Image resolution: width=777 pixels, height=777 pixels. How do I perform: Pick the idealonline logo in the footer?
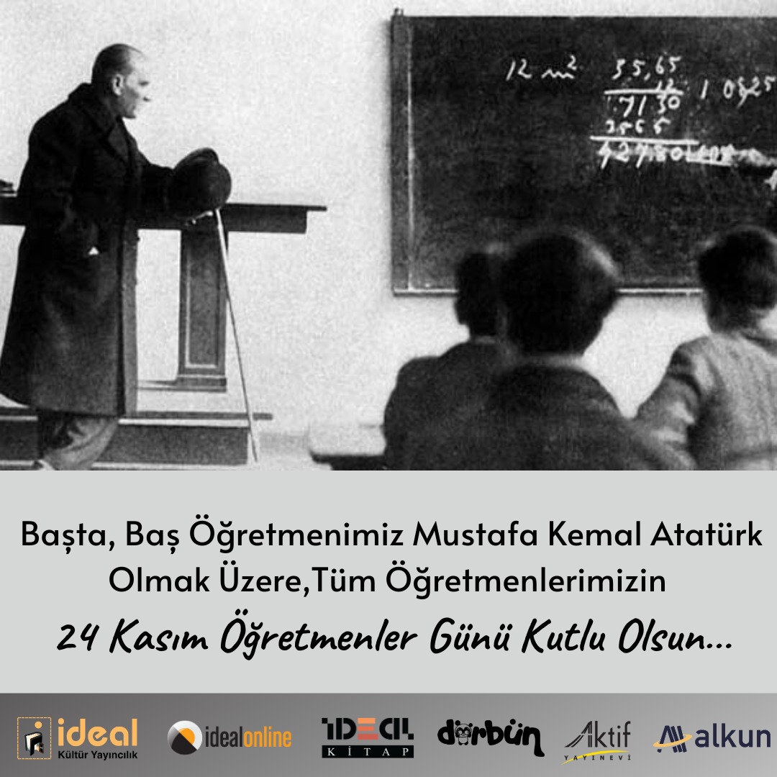(x=230, y=737)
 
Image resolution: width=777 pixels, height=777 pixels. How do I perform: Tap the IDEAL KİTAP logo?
(x=367, y=737)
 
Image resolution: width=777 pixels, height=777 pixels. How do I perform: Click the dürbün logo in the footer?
(x=490, y=737)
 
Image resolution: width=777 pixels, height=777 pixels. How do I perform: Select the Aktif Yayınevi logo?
(x=596, y=737)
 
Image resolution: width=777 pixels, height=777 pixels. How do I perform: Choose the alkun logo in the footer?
(x=712, y=737)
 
